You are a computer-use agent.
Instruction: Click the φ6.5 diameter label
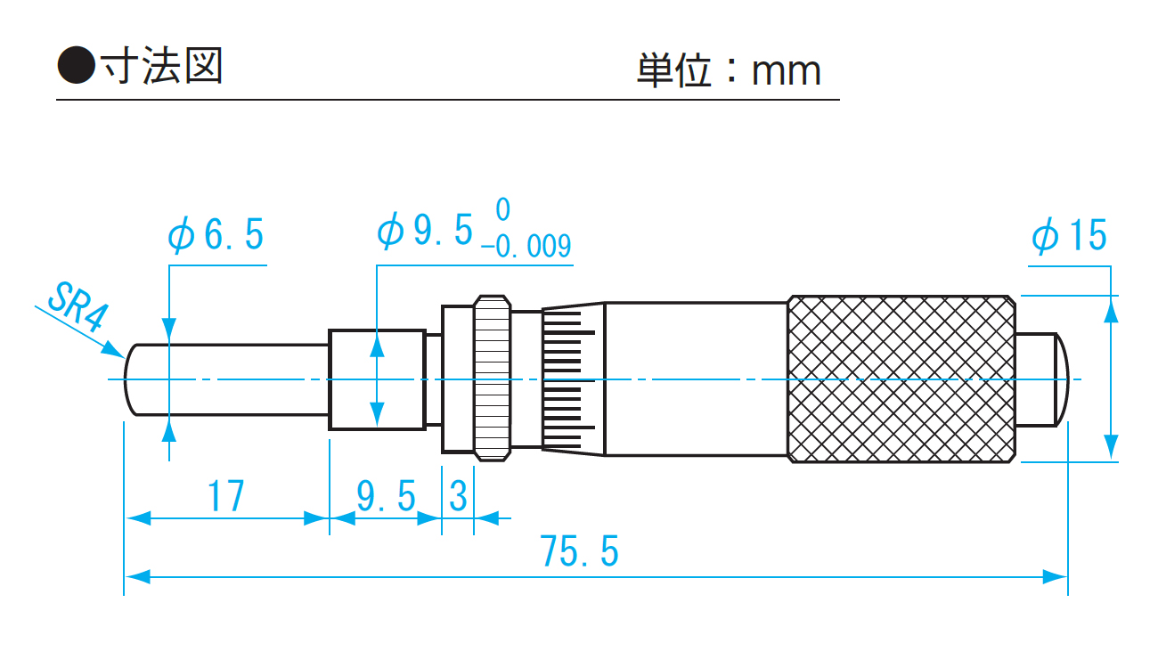(216, 236)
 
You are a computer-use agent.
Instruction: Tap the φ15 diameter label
(1069, 237)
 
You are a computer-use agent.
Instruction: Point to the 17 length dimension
(226, 496)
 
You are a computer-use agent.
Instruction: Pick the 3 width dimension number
(458, 496)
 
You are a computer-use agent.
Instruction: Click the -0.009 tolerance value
(526, 247)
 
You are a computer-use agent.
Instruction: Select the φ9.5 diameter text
(425, 232)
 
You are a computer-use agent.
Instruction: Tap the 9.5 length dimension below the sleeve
(386, 496)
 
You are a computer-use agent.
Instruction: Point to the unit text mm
(786, 71)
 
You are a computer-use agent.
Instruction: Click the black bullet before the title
(76, 68)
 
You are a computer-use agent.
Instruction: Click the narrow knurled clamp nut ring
(492, 379)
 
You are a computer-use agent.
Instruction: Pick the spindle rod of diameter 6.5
(232, 379)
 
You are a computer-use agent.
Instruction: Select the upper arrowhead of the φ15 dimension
(1111, 308)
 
